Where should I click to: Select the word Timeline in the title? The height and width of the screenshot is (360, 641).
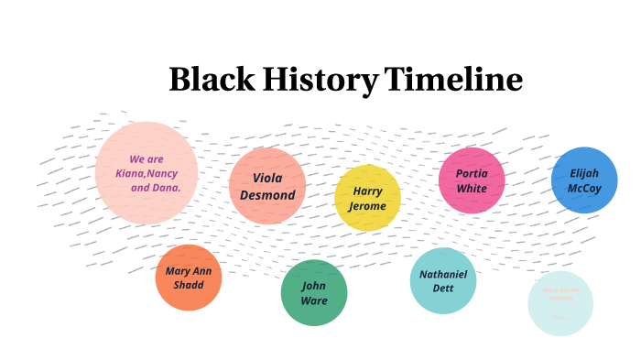(x=453, y=80)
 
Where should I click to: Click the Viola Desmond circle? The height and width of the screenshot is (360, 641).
(x=267, y=186)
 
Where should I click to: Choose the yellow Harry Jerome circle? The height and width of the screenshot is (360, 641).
(x=367, y=198)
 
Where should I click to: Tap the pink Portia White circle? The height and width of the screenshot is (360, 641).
(x=472, y=180)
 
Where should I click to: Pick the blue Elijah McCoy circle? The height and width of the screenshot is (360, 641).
(x=584, y=180)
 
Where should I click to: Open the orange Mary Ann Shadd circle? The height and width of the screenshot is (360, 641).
(x=190, y=278)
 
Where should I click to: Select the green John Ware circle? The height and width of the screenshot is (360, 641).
(x=314, y=292)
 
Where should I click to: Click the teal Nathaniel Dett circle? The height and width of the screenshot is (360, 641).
(x=443, y=280)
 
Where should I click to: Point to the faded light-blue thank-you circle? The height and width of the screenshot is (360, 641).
(x=560, y=303)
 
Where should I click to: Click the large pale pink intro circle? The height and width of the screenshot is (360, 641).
(x=147, y=172)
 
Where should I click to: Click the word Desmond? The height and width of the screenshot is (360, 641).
(x=267, y=195)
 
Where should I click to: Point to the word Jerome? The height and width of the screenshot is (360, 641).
(x=367, y=206)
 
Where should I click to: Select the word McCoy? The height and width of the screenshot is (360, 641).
(x=584, y=189)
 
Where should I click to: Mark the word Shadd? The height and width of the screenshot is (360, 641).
(x=189, y=285)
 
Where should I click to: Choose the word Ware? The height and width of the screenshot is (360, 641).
(x=314, y=300)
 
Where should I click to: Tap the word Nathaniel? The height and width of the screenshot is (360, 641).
(x=443, y=273)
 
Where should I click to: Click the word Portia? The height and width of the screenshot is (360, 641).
(x=472, y=172)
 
